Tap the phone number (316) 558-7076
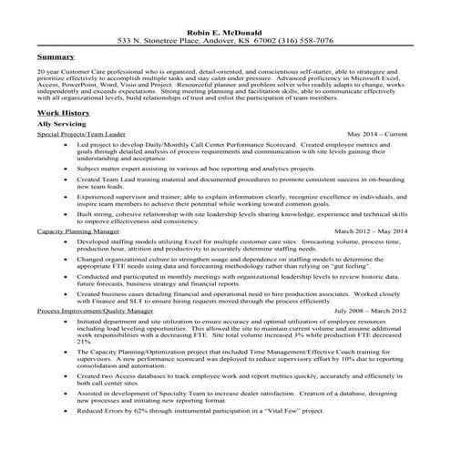306,41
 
